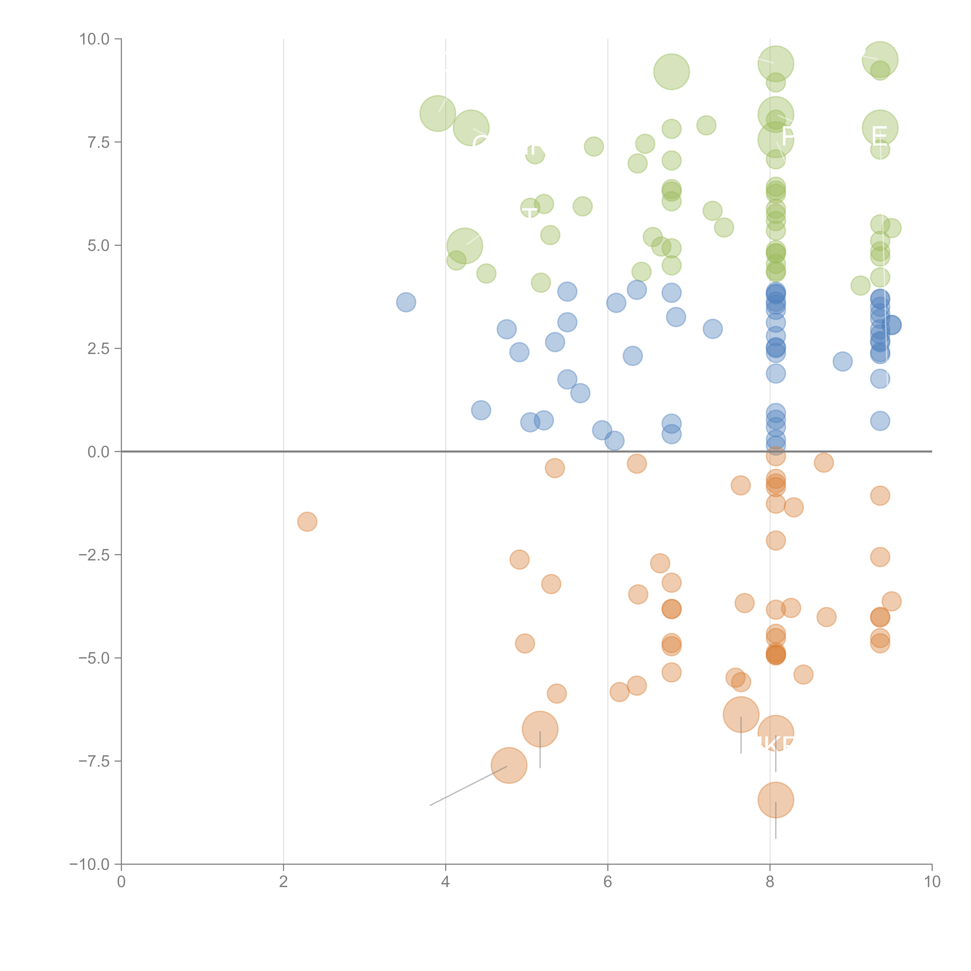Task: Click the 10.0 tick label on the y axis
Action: pyautogui.click(x=95, y=39)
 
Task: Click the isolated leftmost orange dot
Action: pyautogui.click(x=307, y=522)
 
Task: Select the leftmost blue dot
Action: pyautogui.click(x=406, y=302)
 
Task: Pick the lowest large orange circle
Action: pyautogui.click(x=775, y=800)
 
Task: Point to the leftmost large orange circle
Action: pyautogui.click(x=509, y=766)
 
